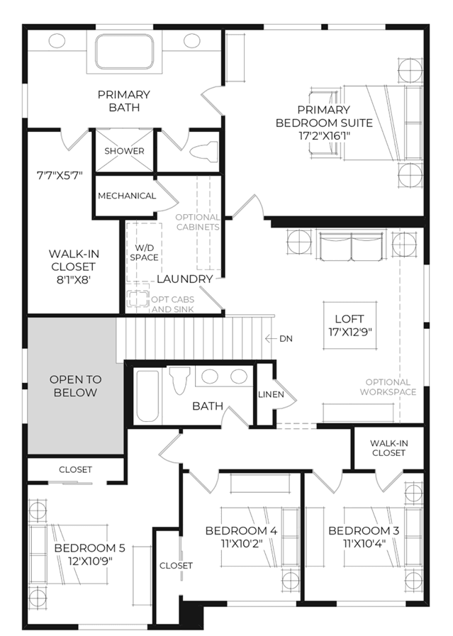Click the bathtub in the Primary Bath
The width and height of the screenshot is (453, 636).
pyautogui.click(x=125, y=52)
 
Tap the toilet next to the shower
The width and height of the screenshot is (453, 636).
pyautogui.click(x=204, y=152)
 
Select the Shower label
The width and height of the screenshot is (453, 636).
pyautogui.click(x=124, y=151)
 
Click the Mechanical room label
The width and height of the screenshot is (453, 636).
pyautogui.click(x=127, y=196)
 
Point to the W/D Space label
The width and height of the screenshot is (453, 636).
pyautogui.click(x=144, y=252)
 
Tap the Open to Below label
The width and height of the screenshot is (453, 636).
pyautogui.click(x=75, y=386)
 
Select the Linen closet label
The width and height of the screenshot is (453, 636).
pyautogui.click(x=271, y=394)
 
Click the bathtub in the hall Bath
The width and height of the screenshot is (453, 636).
pyautogui.click(x=147, y=396)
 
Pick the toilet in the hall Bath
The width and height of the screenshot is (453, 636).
pyautogui.click(x=179, y=380)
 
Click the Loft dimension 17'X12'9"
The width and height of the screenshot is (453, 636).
pyautogui.click(x=350, y=332)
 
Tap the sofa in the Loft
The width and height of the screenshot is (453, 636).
pyautogui.click(x=351, y=246)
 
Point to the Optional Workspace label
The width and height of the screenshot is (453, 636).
pyautogui.click(x=388, y=387)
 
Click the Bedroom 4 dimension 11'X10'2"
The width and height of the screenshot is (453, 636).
pyautogui.click(x=241, y=543)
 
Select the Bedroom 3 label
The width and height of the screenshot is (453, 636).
pyautogui.click(x=364, y=530)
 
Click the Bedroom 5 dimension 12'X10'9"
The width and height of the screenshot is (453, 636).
pyautogui.click(x=89, y=561)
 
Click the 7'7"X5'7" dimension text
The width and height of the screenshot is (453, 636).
pyautogui.click(x=60, y=176)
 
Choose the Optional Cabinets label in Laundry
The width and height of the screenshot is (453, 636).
pyautogui.click(x=198, y=222)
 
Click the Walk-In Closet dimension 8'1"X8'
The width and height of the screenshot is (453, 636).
pyautogui.click(x=73, y=280)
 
